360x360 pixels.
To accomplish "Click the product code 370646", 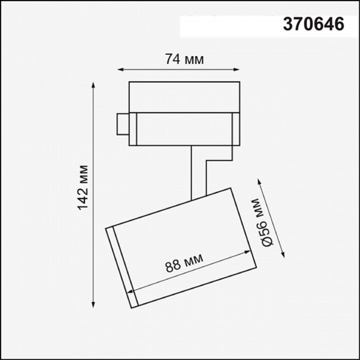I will pyautogui.click(x=314, y=24).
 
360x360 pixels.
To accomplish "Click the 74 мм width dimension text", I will pyautogui.click(x=184, y=59).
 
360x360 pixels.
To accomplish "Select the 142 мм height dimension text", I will pyautogui.click(x=83, y=187).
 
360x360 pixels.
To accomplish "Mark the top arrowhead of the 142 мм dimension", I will pyautogui.click(x=94, y=85).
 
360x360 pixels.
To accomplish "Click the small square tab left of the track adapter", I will pyautogui.click(x=123, y=124).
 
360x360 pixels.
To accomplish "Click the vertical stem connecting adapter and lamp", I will pyautogui.click(x=198, y=171).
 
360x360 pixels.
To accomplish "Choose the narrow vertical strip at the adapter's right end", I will pyautogui.click(x=236, y=129).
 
